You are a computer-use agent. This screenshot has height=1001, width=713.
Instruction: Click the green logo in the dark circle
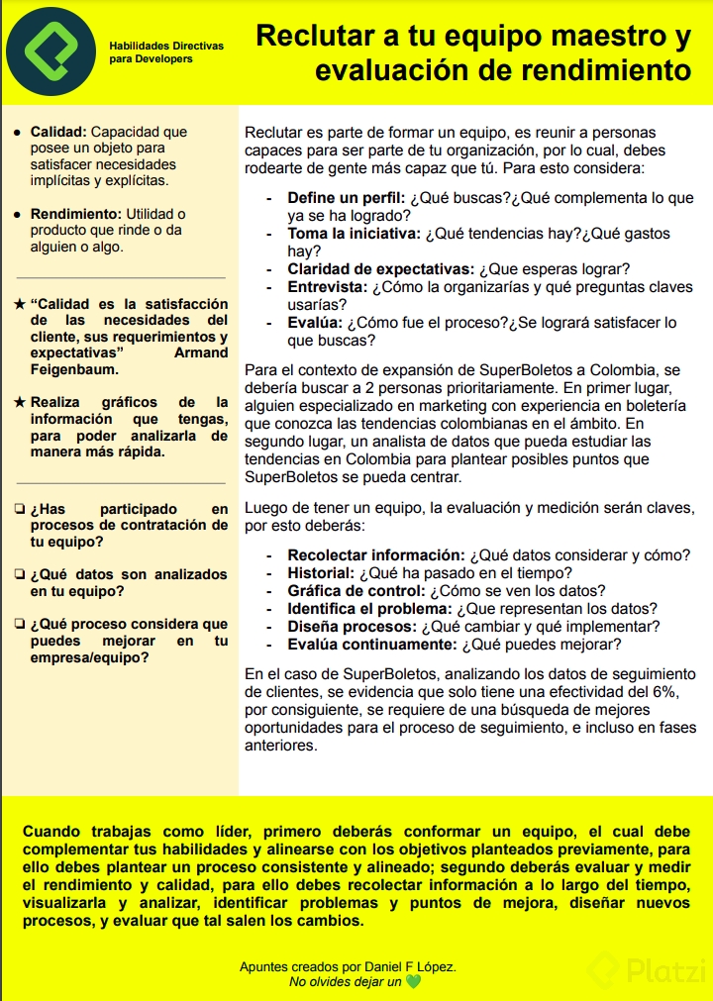coord(50,51)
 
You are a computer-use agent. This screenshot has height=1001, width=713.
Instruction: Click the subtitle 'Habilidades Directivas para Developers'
coord(166,52)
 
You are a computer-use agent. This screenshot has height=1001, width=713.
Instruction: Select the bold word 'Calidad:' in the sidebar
coord(58,132)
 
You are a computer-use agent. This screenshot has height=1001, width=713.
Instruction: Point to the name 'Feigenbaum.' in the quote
coord(74,369)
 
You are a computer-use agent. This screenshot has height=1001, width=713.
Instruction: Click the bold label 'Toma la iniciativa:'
coord(354,234)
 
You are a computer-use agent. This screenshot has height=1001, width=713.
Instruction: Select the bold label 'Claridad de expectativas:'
coord(380,269)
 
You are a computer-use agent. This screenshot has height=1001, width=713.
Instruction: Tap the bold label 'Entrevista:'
coord(327,287)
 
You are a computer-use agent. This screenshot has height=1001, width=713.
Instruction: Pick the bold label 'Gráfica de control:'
coord(356,590)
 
